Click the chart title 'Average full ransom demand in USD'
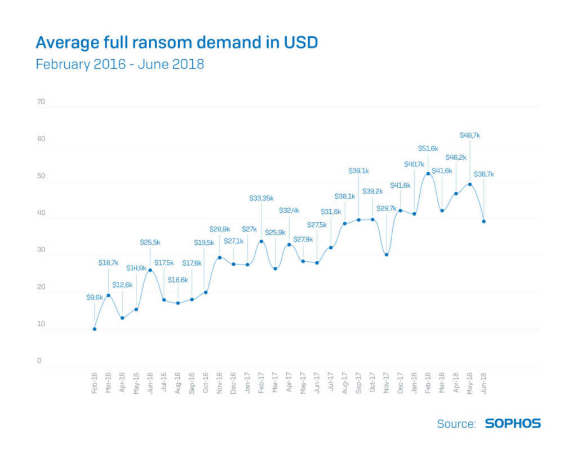(176, 42)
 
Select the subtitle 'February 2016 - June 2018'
(119, 64)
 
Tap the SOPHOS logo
(512, 423)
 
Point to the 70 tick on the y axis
(41, 102)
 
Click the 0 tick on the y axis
(39, 361)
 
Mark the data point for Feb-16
(94, 329)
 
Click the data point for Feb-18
(428, 173)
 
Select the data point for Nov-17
(386, 254)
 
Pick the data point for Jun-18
(483, 221)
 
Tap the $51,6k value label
(428, 148)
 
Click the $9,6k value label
(94, 297)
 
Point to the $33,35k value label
(261, 198)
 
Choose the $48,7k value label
(470, 135)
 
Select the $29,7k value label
(387, 208)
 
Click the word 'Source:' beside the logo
(456, 424)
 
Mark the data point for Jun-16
(150, 270)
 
